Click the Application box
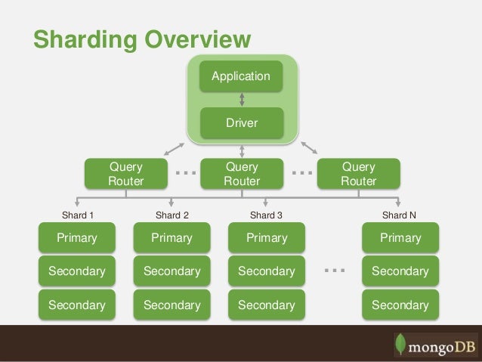click(x=240, y=76)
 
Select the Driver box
click(x=240, y=122)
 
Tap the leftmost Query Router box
click(x=125, y=174)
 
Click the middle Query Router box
click(x=242, y=174)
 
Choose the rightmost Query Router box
click(x=358, y=174)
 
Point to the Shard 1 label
click(x=77, y=215)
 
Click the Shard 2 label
click(x=171, y=215)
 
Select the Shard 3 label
click(x=266, y=215)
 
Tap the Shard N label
click(x=399, y=215)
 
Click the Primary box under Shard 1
click(x=77, y=238)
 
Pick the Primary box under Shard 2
click(x=171, y=238)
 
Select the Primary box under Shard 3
click(x=267, y=238)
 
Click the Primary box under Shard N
click(x=400, y=238)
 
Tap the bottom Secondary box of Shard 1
click(x=77, y=305)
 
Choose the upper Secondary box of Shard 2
click(x=171, y=271)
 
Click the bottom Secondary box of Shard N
click(x=400, y=305)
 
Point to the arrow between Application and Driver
click(x=241, y=99)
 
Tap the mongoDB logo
click(x=435, y=344)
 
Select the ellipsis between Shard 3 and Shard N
click(x=333, y=270)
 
